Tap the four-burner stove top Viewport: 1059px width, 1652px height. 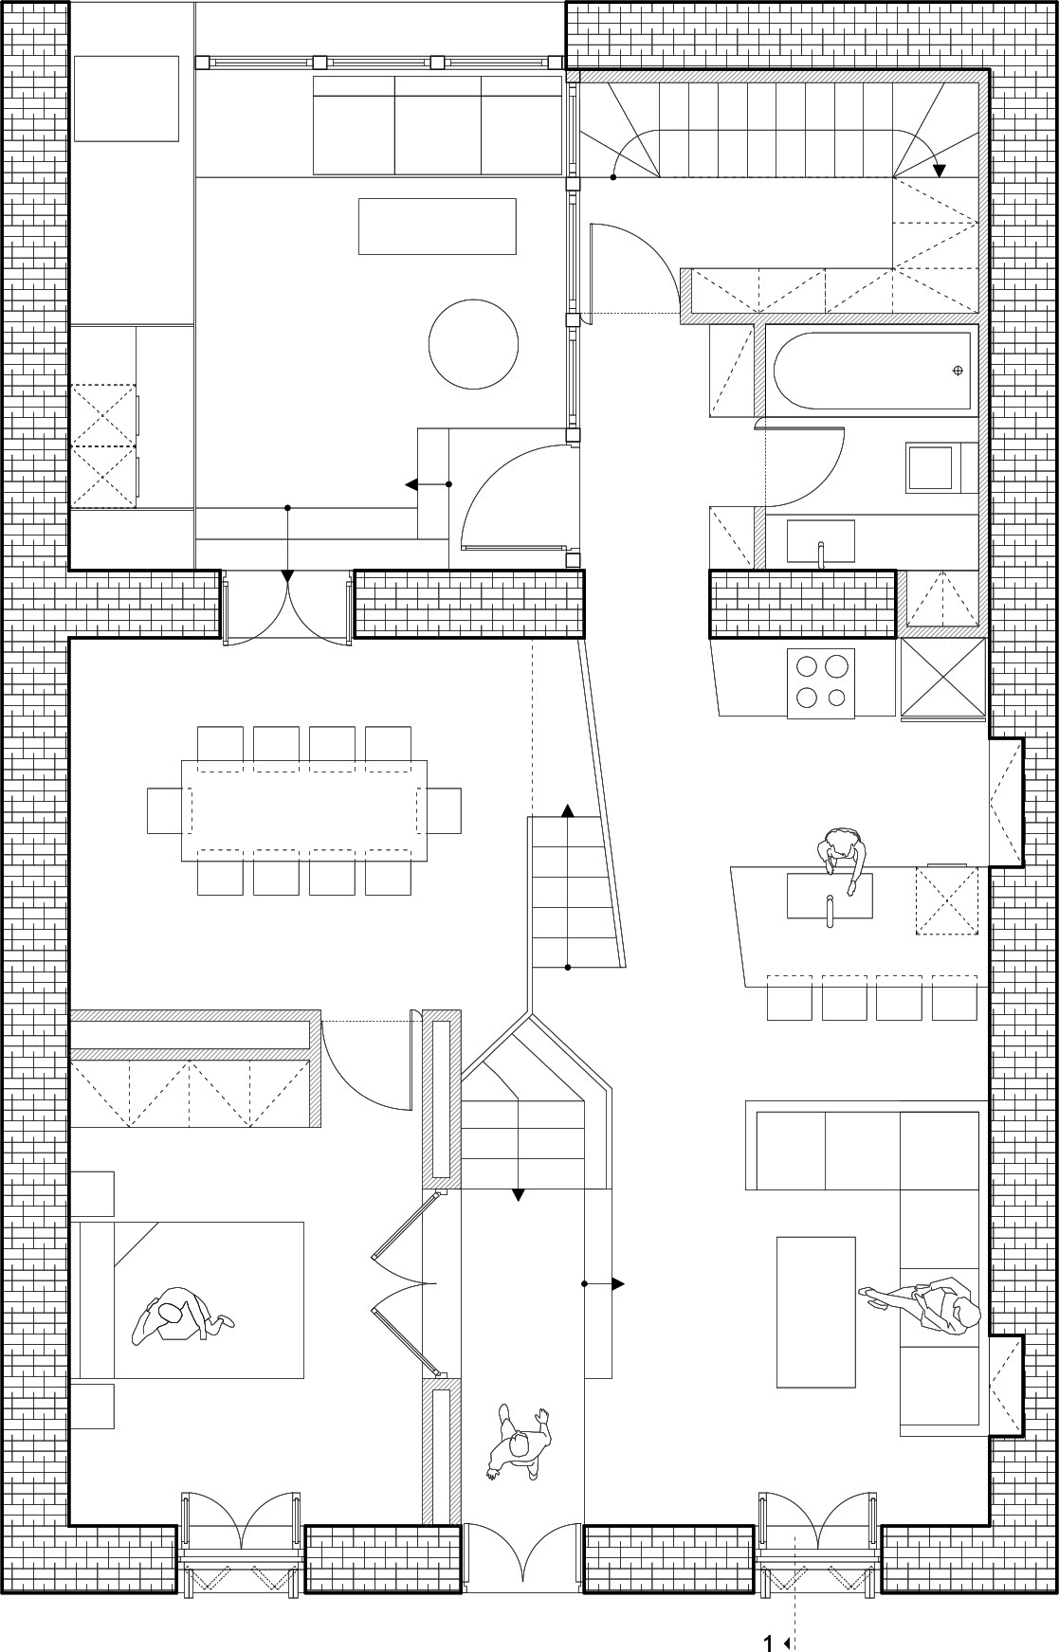click(821, 682)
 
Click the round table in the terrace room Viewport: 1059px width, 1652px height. click(473, 344)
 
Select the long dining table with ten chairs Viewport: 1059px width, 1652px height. click(303, 810)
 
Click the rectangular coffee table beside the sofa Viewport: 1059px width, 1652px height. click(815, 1311)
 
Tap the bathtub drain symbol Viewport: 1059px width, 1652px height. click(959, 370)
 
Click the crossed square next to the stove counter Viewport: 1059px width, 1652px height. click(942, 680)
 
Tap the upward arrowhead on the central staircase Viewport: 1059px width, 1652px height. click(567, 810)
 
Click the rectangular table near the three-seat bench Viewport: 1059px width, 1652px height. click(437, 227)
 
